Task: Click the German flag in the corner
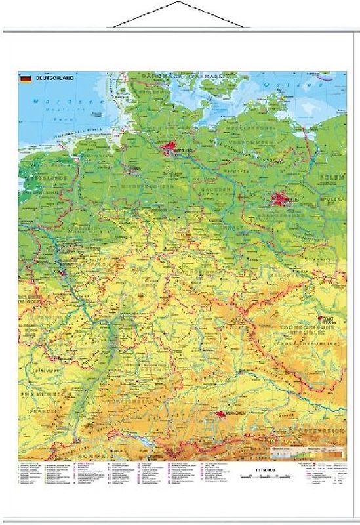26,79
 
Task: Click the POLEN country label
332,178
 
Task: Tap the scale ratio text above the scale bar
262,467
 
